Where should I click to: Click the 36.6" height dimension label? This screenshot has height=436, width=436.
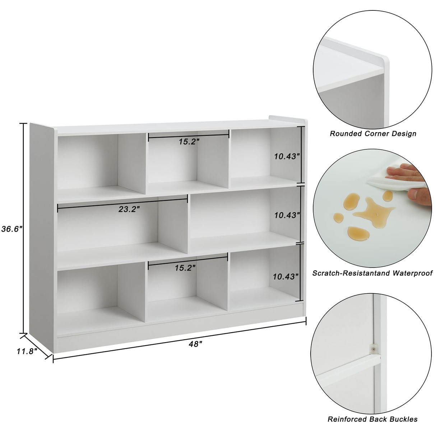click(12, 229)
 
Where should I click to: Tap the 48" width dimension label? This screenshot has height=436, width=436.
click(195, 344)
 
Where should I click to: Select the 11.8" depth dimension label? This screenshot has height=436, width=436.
click(27, 351)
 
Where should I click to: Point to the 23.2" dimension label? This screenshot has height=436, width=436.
click(129, 209)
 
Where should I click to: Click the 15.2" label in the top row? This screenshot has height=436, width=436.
click(189, 142)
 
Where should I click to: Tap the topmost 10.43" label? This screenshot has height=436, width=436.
click(287, 156)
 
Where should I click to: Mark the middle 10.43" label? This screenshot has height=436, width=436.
click(287, 215)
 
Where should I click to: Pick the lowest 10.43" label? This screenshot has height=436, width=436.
click(286, 277)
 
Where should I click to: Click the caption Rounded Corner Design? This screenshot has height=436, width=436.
click(373, 134)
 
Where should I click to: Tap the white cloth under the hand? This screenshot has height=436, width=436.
click(386, 180)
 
